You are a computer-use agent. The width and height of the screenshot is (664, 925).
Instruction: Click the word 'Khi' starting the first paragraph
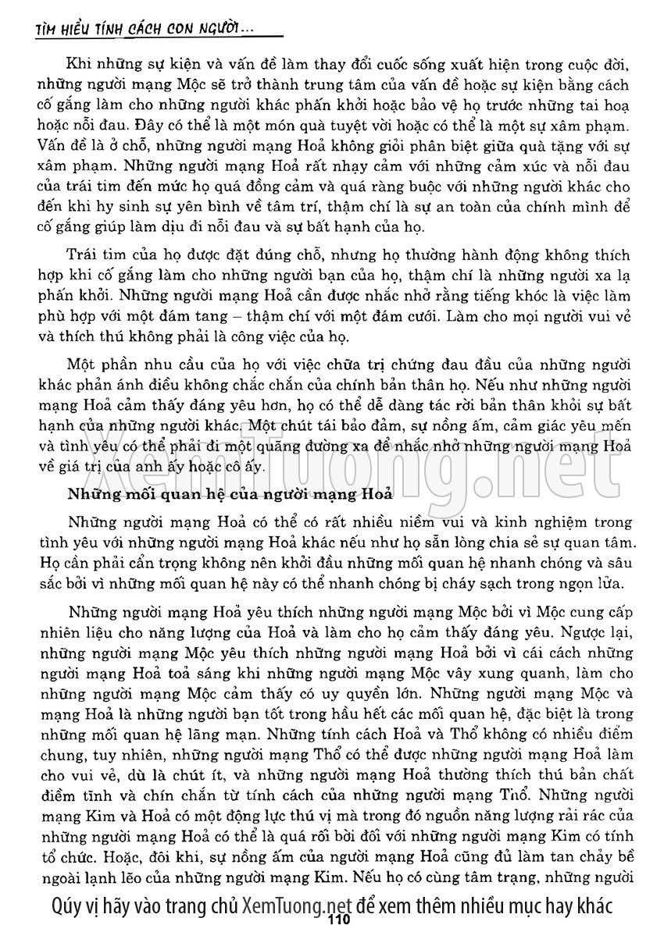point(80,63)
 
